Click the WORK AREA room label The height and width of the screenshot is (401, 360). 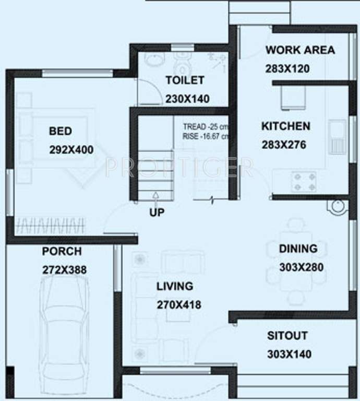(x=300, y=50)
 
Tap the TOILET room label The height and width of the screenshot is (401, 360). (x=185, y=80)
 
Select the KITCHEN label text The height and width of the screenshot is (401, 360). (x=285, y=126)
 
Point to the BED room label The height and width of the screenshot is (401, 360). (x=61, y=132)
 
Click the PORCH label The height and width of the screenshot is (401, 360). (x=62, y=251)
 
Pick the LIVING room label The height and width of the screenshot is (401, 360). (x=175, y=286)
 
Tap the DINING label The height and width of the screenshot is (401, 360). (x=297, y=249)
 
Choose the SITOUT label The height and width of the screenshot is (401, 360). (x=287, y=336)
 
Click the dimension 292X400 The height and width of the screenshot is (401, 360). (x=71, y=150)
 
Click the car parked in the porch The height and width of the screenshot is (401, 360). (x=62, y=334)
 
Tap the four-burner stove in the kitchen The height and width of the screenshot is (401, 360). (x=305, y=181)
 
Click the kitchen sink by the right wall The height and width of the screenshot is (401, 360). (x=337, y=136)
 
